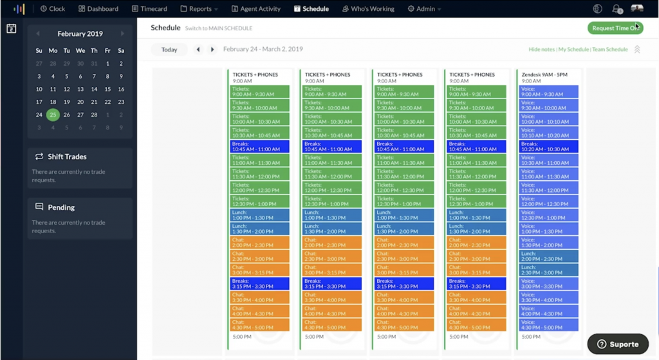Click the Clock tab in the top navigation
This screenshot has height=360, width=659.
[53, 9]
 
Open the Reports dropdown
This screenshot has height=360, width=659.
[200, 9]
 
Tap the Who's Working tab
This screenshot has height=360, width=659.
[368, 9]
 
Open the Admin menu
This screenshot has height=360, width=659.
[425, 9]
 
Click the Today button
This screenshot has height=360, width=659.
[169, 50]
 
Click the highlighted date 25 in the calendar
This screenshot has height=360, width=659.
[53, 115]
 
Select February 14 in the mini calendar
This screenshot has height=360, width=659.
[94, 90]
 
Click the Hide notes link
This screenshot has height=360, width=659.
[541, 50]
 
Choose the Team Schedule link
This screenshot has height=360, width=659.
[609, 50]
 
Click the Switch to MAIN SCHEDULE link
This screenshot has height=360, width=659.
[219, 28]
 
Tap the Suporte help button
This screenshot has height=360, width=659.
[617, 344]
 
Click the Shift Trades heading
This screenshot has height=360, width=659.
[67, 156]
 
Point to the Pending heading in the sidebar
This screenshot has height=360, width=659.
[61, 207]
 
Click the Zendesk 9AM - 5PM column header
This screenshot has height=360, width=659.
[544, 75]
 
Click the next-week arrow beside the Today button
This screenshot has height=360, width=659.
[212, 50]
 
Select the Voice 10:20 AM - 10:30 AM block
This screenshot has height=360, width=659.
[549, 146]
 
